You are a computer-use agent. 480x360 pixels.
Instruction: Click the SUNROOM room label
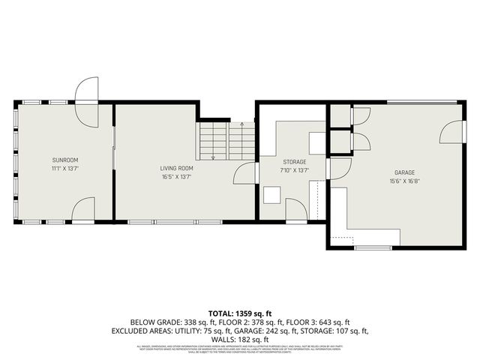65,160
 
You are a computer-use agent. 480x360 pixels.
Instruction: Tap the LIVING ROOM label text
176,168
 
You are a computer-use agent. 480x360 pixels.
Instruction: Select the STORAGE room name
294,162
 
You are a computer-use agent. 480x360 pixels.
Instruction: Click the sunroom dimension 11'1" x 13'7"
65,168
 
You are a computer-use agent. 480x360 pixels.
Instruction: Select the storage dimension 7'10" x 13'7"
294,170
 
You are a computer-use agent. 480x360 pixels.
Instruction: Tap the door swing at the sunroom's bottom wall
83,210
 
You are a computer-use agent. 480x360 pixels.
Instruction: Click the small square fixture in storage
271,195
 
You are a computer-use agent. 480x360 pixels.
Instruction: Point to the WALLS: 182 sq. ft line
240,339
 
